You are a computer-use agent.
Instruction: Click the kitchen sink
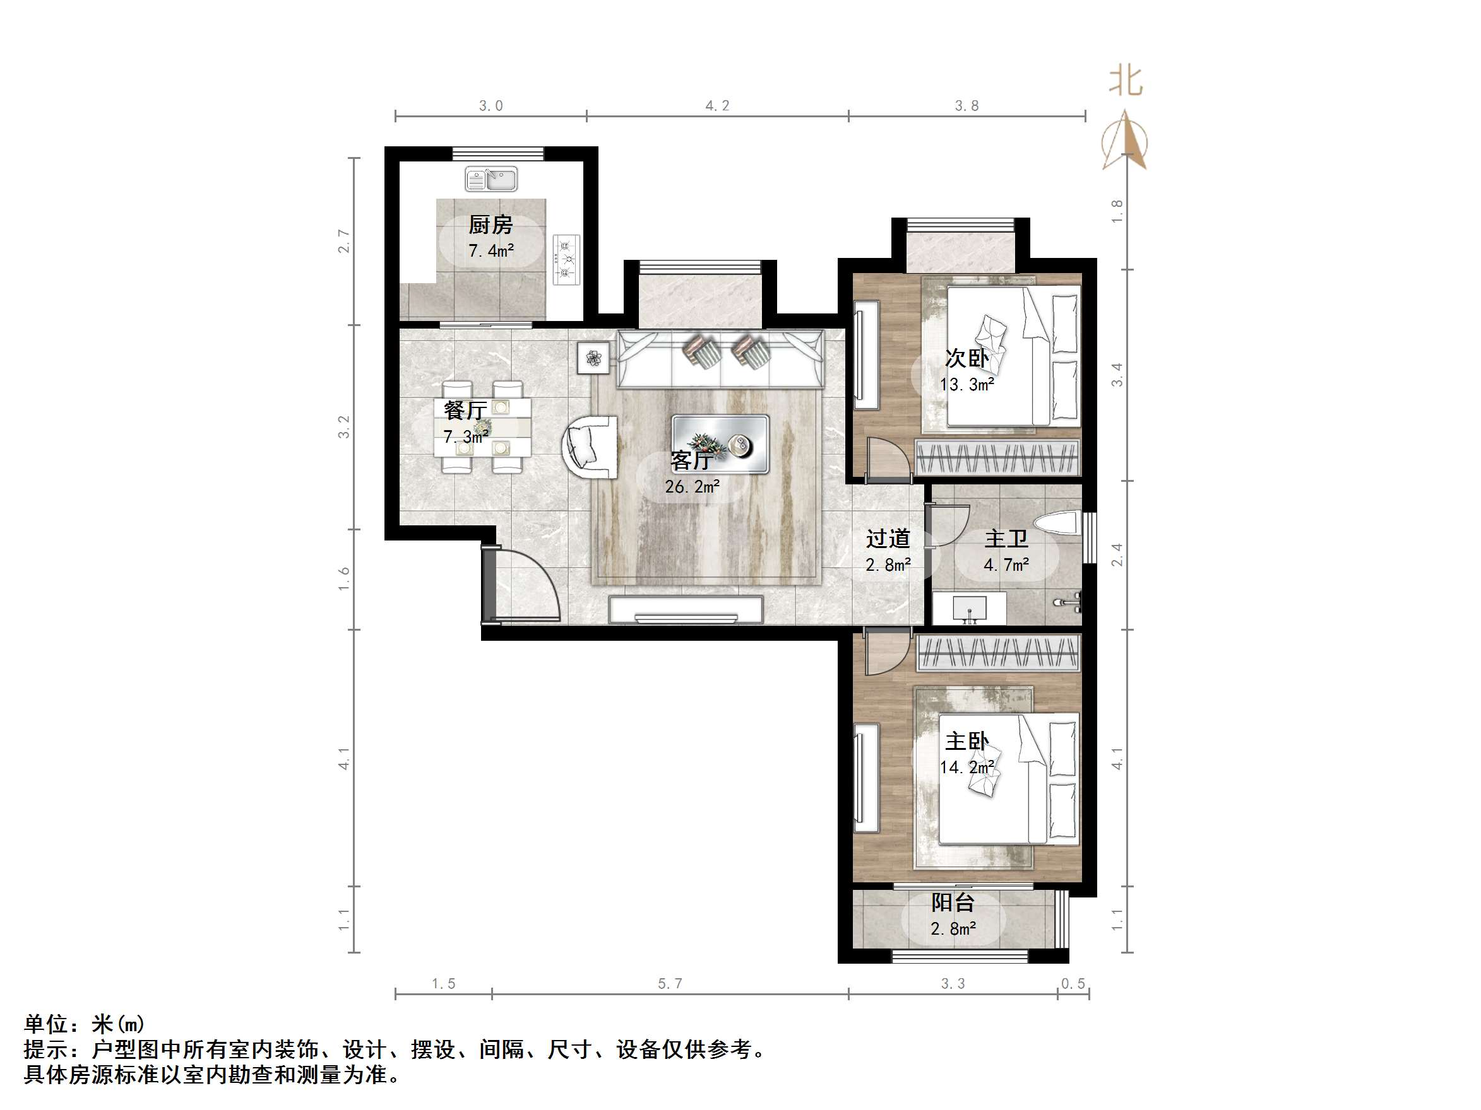point(491,179)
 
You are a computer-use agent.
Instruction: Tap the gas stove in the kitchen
point(566,257)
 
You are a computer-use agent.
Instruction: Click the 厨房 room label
point(490,225)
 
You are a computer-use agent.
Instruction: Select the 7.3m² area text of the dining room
point(465,436)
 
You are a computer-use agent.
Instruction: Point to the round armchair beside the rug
point(589,447)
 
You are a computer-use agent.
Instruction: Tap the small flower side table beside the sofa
point(593,358)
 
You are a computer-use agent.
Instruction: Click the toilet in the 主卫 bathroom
point(1058,523)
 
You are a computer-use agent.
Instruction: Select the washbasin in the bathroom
point(969,607)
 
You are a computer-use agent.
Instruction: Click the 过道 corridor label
point(888,539)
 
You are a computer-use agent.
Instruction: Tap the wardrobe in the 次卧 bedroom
point(997,459)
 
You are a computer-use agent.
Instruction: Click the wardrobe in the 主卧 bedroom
point(997,652)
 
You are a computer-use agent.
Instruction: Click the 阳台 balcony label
point(952,903)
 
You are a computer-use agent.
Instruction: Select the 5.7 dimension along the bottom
point(670,983)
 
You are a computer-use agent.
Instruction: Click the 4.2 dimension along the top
point(717,106)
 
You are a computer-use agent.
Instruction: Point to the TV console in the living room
point(686,609)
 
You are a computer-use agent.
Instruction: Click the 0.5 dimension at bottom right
point(1073,983)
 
